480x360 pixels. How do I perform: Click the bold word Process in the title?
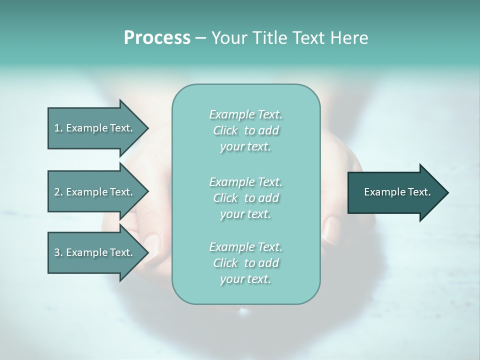point(157,38)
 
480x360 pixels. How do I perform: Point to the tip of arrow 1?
point(147,128)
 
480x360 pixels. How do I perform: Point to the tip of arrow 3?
point(147,252)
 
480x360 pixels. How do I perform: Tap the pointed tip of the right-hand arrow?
point(447,192)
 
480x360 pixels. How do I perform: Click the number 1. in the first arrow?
point(58,128)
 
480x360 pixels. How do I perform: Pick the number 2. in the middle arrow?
point(58,192)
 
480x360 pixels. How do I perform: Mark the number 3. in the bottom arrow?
point(58,252)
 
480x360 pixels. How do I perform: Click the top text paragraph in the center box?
point(246,130)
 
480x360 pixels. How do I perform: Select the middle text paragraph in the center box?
point(246,197)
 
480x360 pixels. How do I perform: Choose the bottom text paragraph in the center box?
point(246,263)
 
